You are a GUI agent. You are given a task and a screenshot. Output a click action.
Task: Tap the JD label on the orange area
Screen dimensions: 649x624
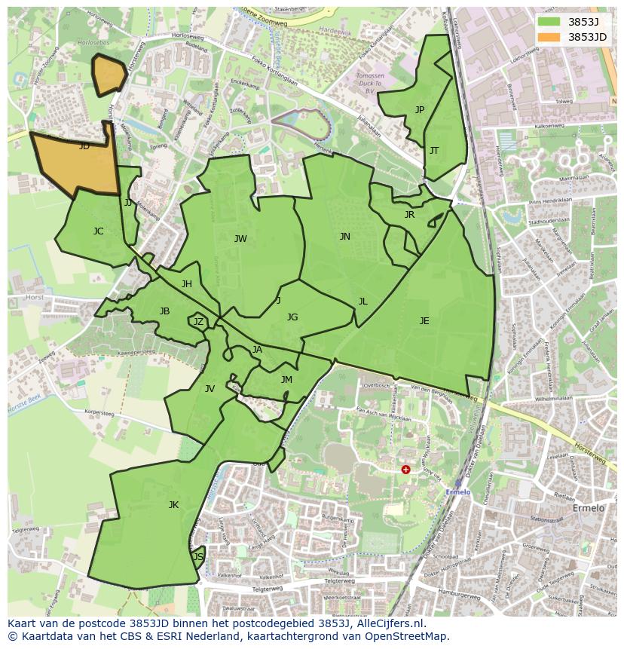[84, 146]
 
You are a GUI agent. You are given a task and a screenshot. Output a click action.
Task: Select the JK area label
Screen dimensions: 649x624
[173, 505]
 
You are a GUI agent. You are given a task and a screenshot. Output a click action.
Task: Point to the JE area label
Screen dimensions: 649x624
[424, 321]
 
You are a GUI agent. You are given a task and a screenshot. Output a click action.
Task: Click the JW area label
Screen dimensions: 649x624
[240, 239]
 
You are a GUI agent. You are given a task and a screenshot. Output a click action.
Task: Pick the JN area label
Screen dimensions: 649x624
[344, 237]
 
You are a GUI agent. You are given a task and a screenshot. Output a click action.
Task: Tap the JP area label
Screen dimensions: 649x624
[420, 110]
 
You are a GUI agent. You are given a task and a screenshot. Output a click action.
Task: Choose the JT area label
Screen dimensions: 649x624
[434, 151]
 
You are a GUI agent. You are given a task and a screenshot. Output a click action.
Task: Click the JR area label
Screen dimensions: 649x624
[409, 215]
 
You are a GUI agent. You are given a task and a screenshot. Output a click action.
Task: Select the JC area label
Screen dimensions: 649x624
[98, 231]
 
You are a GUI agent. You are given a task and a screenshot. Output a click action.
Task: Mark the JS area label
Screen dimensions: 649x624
[198, 557]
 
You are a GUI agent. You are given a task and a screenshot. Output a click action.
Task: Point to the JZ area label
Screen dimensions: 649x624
[198, 322]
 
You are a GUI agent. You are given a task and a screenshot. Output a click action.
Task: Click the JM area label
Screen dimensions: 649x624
[286, 380]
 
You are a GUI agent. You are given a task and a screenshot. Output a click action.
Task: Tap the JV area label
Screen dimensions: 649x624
[210, 389]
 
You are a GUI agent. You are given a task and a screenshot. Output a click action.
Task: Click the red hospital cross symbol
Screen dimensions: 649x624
[405, 469]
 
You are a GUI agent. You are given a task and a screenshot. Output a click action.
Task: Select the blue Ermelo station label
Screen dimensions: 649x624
[457, 492]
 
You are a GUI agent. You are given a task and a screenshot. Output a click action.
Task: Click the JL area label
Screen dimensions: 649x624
[363, 302]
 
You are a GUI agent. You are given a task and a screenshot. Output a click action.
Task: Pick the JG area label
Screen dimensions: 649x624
[292, 317]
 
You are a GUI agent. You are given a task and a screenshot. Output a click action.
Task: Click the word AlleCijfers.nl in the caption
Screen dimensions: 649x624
[390, 624]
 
